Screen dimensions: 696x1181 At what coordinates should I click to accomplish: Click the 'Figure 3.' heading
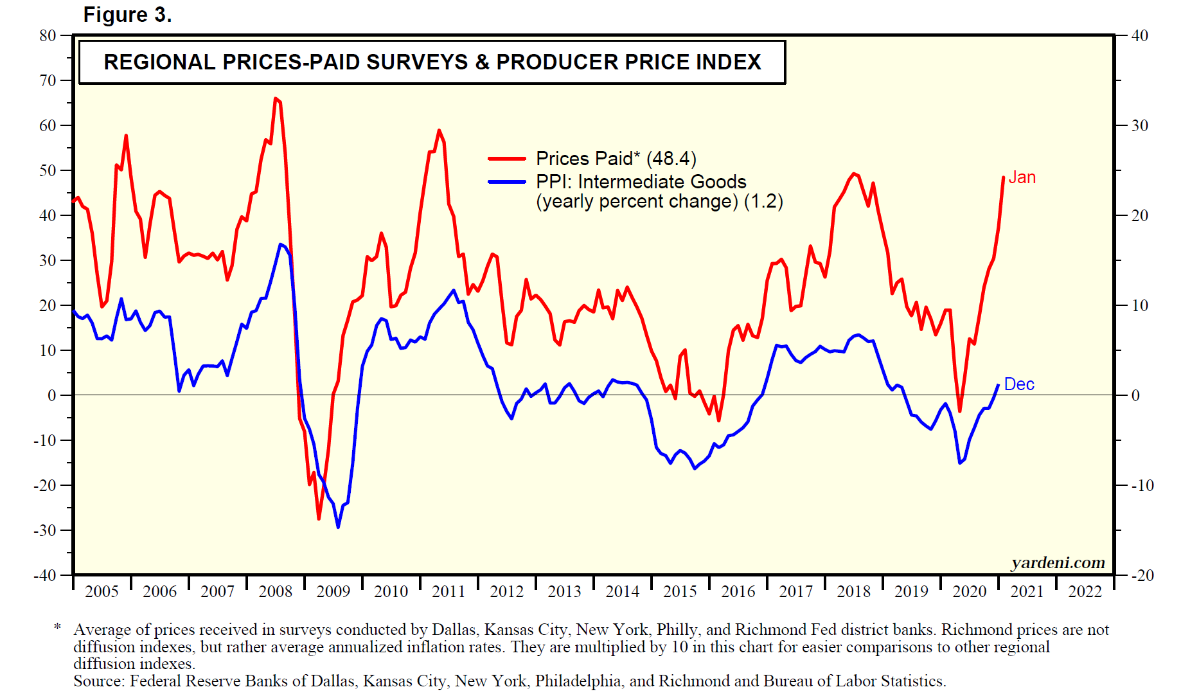(x=127, y=15)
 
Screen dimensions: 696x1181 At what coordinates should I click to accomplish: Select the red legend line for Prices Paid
(x=507, y=158)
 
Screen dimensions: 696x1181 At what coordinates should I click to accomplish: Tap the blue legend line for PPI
(x=507, y=182)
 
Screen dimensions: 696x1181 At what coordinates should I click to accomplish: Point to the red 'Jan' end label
(x=1022, y=177)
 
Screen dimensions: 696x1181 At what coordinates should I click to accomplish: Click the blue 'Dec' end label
(x=1019, y=384)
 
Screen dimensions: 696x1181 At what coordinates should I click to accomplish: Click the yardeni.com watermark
(x=1058, y=563)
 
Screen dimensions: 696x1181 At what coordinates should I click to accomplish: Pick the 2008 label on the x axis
(x=275, y=591)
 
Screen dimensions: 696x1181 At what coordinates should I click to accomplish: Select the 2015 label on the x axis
(x=680, y=591)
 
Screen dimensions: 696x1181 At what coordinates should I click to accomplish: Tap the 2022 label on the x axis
(x=1085, y=591)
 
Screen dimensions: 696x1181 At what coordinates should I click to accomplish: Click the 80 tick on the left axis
(x=48, y=35)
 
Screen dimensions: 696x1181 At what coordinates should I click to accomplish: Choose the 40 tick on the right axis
(x=1140, y=35)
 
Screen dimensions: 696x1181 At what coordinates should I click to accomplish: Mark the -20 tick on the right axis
(x=1142, y=575)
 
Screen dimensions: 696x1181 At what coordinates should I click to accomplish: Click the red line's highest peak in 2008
(x=276, y=98)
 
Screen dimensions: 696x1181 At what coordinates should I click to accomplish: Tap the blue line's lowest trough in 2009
(x=338, y=527)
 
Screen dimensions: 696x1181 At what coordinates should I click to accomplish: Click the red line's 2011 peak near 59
(x=439, y=130)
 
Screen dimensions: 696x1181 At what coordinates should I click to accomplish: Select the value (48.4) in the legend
(x=671, y=158)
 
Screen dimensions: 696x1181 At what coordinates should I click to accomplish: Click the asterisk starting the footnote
(x=57, y=627)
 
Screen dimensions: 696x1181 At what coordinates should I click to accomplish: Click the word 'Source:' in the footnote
(x=99, y=681)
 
